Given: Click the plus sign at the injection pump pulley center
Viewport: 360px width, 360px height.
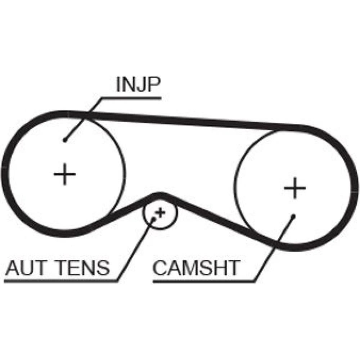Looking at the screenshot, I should click(65, 174).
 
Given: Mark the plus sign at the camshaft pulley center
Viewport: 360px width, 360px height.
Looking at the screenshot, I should click(295, 188).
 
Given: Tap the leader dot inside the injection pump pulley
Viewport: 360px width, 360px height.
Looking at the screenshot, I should click(64, 140).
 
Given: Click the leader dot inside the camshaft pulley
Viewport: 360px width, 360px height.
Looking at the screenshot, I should click(293, 216).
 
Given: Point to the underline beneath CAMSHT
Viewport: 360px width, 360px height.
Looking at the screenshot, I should click(203, 281).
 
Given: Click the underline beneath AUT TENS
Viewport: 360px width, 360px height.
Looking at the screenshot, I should click(61, 280).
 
